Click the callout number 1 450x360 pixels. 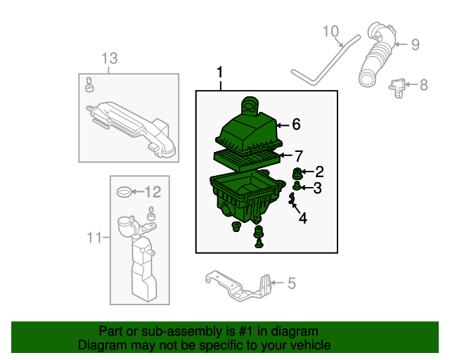click(220, 72)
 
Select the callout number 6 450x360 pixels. click(296, 124)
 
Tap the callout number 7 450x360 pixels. click(298, 155)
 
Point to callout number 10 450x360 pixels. click(330, 31)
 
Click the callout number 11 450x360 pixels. click(94, 238)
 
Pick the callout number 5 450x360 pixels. click(291, 283)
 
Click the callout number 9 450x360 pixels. click(415, 44)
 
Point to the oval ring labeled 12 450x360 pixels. click(122, 191)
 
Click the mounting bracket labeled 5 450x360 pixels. click(239, 287)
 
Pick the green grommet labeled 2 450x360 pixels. click(297, 173)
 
